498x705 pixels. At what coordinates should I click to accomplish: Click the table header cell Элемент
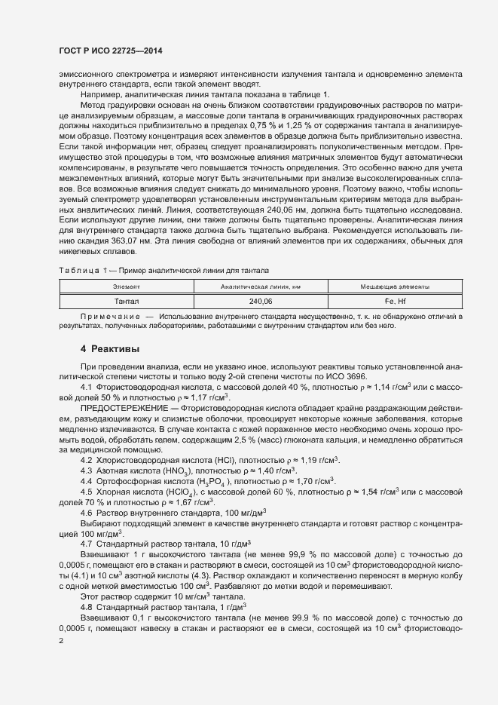pyautogui.click(x=127, y=287)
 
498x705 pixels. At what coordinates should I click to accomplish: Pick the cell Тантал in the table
pyautogui.click(x=127, y=301)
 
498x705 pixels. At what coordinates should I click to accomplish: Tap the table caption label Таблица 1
pyautogui.click(x=81, y=270)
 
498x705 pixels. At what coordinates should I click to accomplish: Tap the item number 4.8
pyautogui.click(x=87, y=606)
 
